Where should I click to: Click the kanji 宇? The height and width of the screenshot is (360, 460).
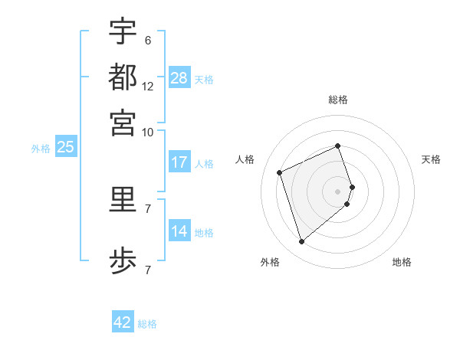123,31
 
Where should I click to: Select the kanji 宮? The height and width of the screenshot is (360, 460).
123,122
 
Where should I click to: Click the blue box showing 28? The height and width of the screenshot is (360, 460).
179,78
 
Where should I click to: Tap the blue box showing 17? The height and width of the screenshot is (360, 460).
179,162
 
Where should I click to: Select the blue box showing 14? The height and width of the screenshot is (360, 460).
179,231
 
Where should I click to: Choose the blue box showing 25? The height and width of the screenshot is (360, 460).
65,147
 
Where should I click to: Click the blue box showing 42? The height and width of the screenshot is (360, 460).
123,322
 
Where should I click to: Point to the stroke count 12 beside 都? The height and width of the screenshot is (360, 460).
148,87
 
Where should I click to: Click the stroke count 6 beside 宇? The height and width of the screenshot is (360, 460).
148,40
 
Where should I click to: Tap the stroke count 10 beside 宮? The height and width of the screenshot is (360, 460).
148,132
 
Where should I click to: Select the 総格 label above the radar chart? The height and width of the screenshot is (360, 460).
338,100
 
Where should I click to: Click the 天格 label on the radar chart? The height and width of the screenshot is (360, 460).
431,159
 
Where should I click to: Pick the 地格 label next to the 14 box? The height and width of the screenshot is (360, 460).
204,232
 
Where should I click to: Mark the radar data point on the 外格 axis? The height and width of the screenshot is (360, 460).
301,242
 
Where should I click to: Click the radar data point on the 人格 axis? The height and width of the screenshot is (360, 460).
280,172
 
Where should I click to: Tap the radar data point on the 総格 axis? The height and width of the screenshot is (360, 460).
338,146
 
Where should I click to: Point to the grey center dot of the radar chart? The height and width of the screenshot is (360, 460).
338,191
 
